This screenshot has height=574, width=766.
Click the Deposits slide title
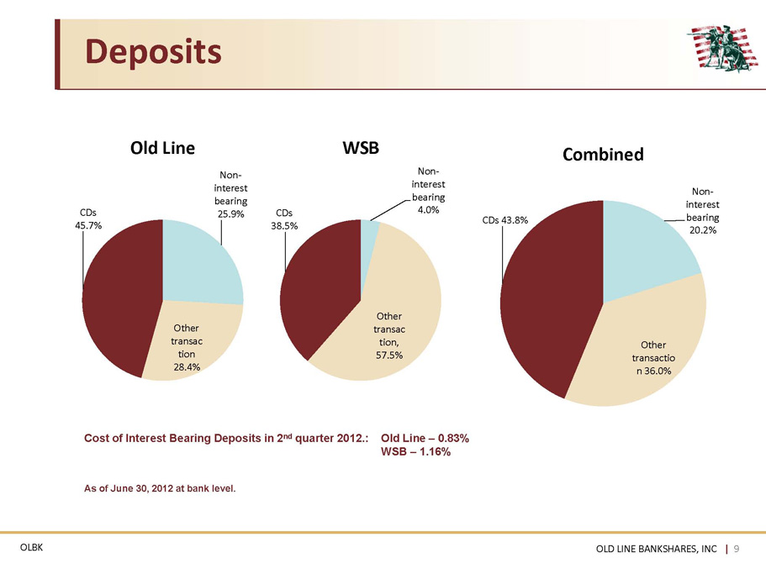[153, 52]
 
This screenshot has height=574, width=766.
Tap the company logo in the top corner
[723, 48]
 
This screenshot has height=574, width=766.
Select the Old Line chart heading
[162, 148]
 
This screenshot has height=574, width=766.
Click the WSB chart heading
[361, 147]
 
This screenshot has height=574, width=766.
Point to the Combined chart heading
[603, 155]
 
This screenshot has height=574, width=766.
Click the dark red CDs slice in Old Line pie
[117, 298]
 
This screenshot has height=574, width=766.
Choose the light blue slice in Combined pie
[645, 249]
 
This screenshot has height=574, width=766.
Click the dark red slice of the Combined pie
[547, 298]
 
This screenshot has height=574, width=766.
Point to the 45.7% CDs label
[88, 219]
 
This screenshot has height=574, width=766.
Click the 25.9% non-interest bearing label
[230, 194]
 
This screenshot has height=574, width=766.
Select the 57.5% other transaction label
[389, 335]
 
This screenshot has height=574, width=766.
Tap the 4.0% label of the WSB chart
[428, 191]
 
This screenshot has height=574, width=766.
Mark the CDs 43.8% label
[505, 220]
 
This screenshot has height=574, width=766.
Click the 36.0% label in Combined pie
[653, 358]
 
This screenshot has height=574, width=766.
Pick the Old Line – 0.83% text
[425, 439]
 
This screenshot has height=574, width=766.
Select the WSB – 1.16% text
[415, 451]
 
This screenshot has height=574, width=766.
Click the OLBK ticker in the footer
[31, 548]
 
